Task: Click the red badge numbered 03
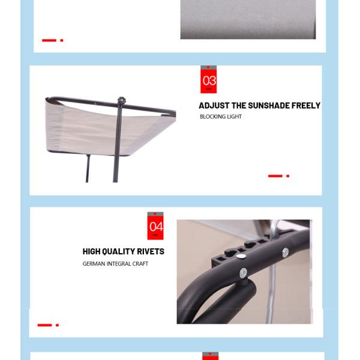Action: point(208,79)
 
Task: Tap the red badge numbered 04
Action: point(155,226)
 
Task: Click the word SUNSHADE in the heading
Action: point(269,106)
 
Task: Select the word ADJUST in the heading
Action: point(214,106)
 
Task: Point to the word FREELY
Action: point(306,106)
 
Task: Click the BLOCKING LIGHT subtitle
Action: point(221,117)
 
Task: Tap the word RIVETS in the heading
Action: point(151,251)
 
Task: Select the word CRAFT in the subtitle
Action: point(140,264)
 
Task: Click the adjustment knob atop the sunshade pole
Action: point(121,101)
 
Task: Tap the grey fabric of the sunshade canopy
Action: point(92,131)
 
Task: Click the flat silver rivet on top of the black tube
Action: point(241,256)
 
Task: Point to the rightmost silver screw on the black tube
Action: point(286,252)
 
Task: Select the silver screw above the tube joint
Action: point(244,273)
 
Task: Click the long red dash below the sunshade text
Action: point(275,176)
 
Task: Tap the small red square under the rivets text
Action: point(58,325)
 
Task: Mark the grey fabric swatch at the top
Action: point(248,20)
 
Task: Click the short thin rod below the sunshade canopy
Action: point(88,168)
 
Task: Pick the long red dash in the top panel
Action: point(49,40)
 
